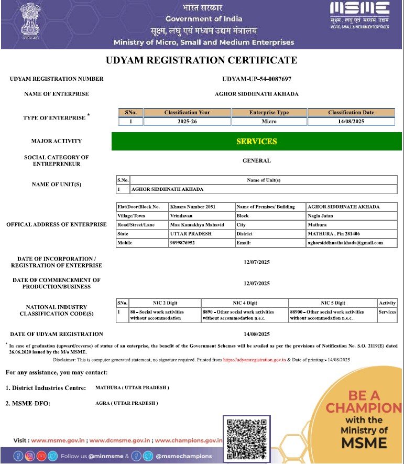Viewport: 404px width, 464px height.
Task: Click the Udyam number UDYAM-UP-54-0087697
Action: point(257,79)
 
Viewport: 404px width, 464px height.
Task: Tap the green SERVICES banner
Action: point(257,142)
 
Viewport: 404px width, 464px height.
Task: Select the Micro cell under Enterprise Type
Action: point(269,122)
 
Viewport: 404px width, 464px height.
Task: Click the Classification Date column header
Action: point(351,112)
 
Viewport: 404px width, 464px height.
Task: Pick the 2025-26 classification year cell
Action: point(187,122)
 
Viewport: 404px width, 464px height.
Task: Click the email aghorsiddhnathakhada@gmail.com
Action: point(345,243)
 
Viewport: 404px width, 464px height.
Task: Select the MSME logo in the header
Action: point(359,15)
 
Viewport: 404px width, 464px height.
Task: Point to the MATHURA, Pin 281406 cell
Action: point(333,234)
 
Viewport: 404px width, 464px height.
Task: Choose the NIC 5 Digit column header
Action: point(333,303)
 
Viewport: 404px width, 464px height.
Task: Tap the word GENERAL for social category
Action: point(257,161)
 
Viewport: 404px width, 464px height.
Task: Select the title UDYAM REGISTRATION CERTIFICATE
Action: point(201,60)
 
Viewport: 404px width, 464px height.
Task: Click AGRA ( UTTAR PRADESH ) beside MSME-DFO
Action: point(126,403)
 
